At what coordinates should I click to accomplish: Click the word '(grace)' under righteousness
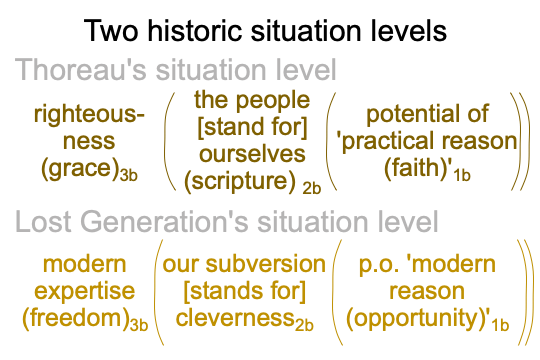pos(80,169)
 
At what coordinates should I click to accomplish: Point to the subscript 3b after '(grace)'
pos(128,176)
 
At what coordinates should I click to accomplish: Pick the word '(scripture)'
pos(240,181)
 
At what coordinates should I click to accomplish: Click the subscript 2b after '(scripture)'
pos(312,188)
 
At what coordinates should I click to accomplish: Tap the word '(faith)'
pos(418,168)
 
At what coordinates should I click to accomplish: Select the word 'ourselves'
pos(252,154)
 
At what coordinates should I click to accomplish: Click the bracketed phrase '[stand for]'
pos(252,127)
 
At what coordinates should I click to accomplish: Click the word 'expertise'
pos(85,292)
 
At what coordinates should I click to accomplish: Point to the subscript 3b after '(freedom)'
pos(139,325)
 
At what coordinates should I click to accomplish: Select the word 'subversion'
pos(266,264)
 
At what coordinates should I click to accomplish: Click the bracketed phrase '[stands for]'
pos(245,292)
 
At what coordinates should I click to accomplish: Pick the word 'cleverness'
pos(235,318)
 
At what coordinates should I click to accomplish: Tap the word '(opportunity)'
pos(416,319)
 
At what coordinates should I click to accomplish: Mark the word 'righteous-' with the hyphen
pos(89,115)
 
